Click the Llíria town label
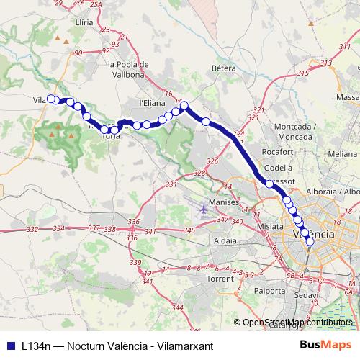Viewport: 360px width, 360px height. pos(84,23)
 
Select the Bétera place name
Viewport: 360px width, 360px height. pos(224,68)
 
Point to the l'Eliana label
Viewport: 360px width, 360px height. pos(151,103)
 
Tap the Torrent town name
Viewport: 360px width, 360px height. pos(221,277)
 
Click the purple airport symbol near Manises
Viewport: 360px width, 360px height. pos(204,210)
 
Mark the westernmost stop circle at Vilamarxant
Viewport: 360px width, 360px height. pos(50,99)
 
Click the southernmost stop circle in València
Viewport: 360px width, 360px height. pos(310,242)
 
